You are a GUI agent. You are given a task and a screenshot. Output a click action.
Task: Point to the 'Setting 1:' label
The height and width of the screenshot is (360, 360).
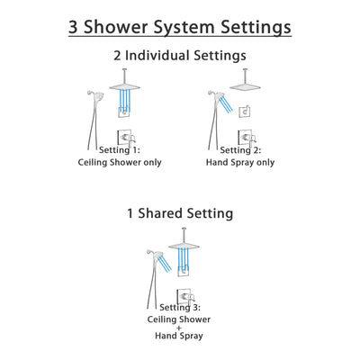107,150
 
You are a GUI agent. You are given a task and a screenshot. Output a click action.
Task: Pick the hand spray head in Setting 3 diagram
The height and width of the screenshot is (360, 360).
151,254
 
